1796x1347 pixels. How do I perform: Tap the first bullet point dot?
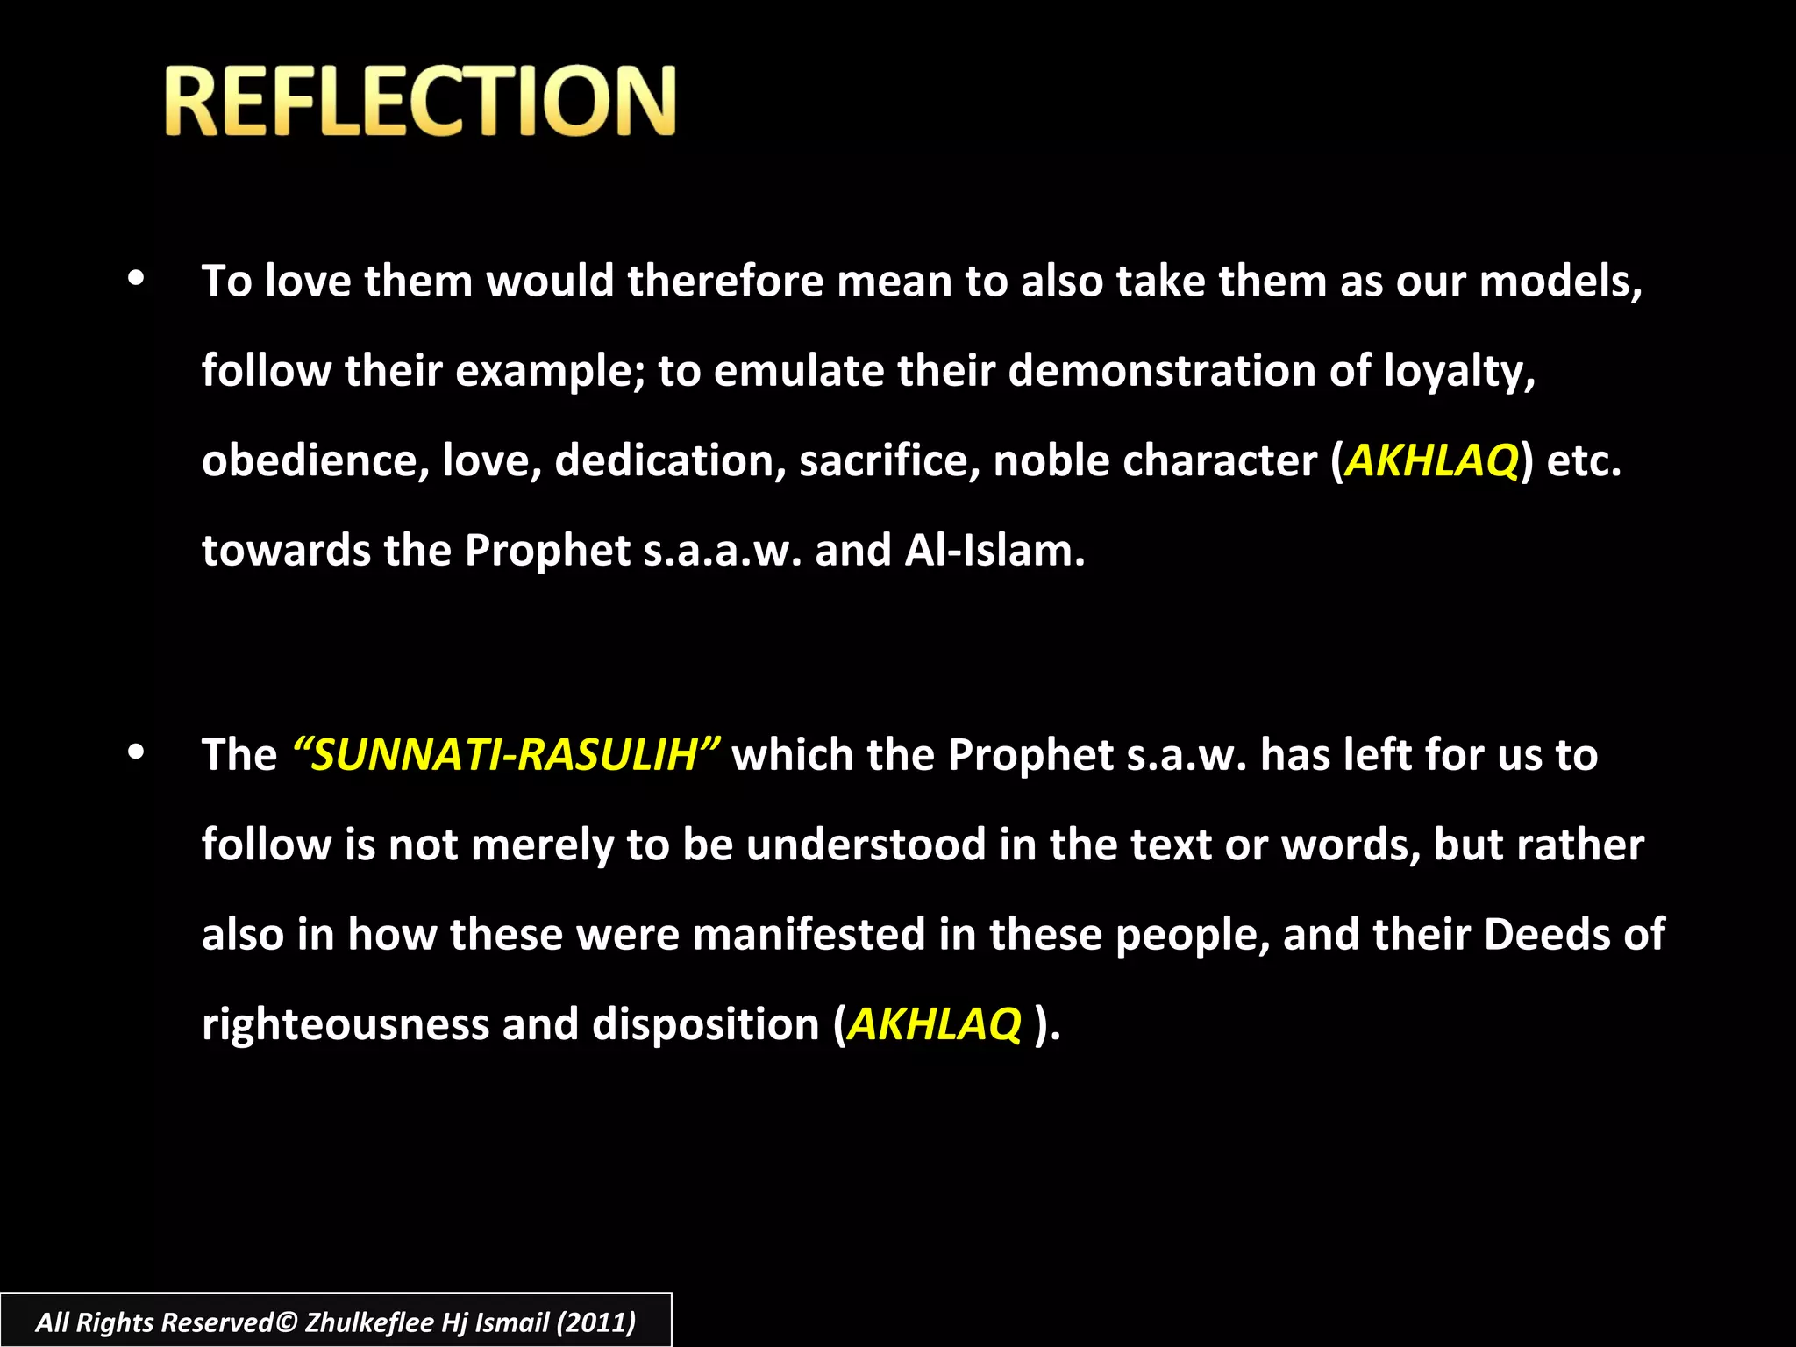[136, 280]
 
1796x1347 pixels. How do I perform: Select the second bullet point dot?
[136, 752]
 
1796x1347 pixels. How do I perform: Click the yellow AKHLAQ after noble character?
[1431, 460]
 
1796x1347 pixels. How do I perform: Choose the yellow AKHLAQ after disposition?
[935, 1024]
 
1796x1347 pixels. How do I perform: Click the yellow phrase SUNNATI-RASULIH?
[506, 755]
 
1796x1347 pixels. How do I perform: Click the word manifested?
[809, 934]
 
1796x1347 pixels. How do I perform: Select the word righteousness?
[345, 1024]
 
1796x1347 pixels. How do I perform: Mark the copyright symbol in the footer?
[287, 1322]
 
